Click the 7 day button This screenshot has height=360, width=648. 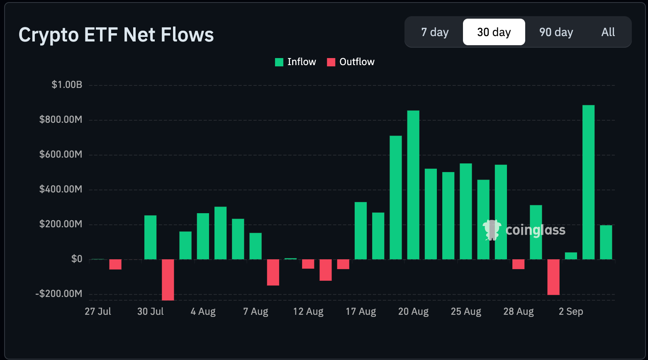[x=435, y=32]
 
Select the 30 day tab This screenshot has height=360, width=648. [x=494, y=32]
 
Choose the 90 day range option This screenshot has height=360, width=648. [x=556, y=32]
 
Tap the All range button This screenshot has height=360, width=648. [x=608, y=32]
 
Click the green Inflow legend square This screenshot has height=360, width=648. [x=279, y=62]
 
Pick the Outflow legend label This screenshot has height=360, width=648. [x=357, y=62]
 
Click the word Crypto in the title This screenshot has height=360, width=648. [x=49, y=35]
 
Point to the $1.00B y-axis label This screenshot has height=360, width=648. [x=67, y=85]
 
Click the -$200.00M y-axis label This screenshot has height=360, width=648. [x=59, y=294]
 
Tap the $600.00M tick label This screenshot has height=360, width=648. [x=61, y=154]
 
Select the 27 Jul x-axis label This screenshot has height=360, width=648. [x=98, y=311]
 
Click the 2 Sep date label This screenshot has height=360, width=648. [x=571, y=311]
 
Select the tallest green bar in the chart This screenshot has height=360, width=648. [x=588, y=182]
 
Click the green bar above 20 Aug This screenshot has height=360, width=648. [x=413, y=185]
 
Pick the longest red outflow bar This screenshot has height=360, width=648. [x=168, y=280]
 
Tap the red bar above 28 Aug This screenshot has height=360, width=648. [x=519, y=264]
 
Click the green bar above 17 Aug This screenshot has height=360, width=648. [x=361, y=231]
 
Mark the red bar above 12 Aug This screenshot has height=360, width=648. [x=308, y=264]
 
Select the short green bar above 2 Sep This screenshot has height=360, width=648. [x=571, y=256]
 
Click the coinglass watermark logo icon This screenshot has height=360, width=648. [x=492, y=230]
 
